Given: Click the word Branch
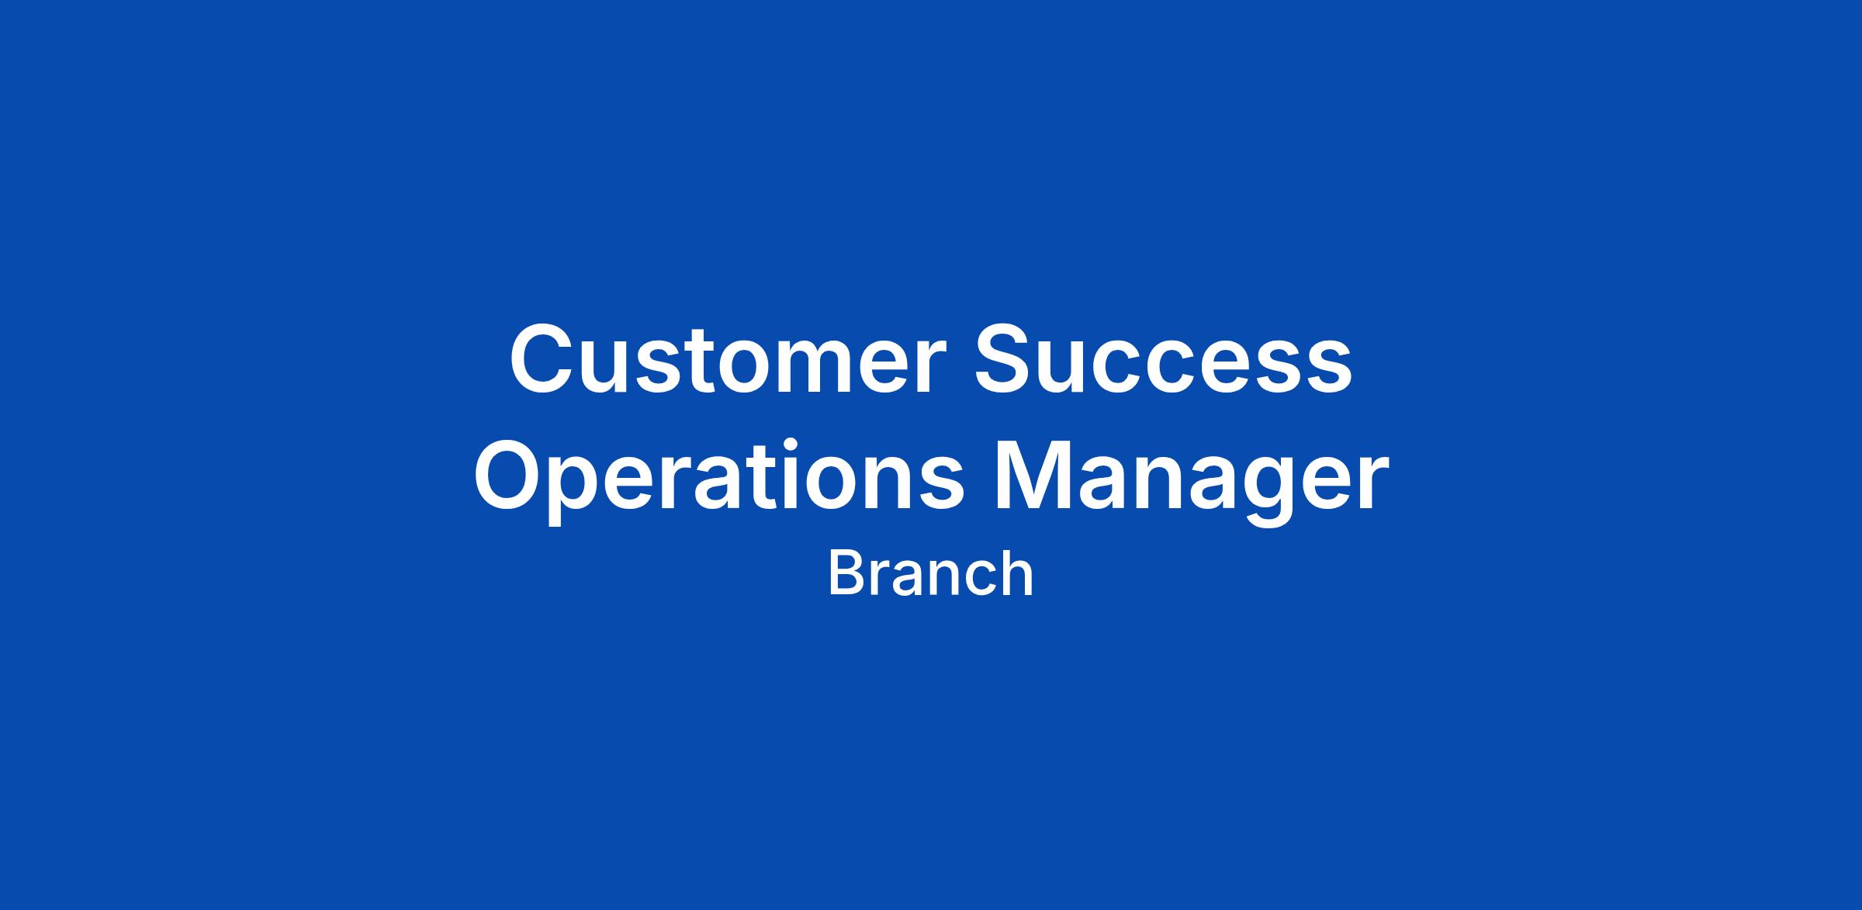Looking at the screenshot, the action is (x=931, y=574).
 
